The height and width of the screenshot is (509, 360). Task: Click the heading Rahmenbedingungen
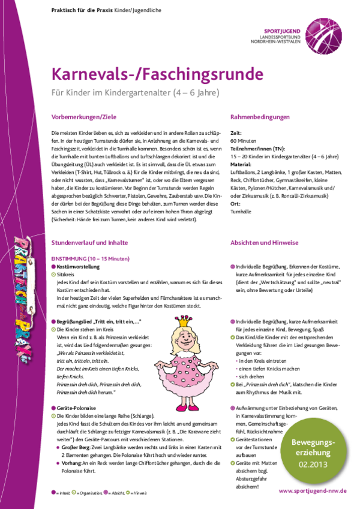pos(260,117)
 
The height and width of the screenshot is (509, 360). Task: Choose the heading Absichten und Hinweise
pos(264,243)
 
